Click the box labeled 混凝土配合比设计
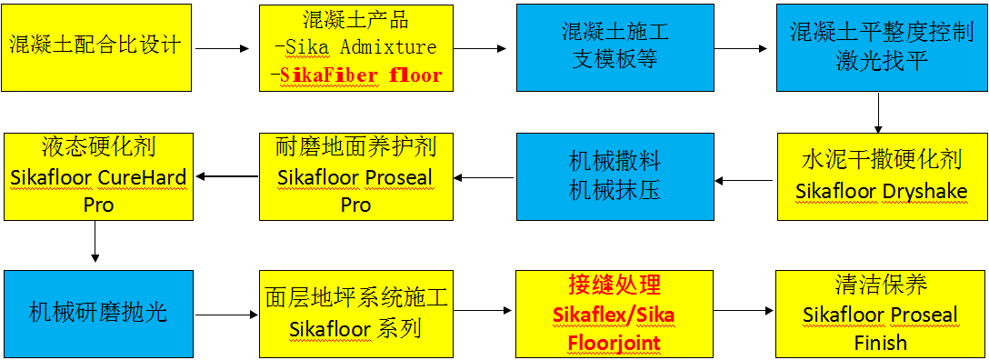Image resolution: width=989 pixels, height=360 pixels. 97,46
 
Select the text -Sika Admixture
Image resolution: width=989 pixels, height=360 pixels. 355,47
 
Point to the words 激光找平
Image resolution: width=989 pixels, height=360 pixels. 881,61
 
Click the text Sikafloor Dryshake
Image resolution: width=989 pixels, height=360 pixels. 881,191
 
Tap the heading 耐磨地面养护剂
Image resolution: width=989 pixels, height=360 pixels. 355,145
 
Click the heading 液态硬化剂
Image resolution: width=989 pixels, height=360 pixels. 98,145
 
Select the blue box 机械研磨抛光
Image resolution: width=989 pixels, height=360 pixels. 97,313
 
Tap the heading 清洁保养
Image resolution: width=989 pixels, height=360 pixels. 880,285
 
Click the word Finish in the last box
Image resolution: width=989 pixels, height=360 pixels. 880,343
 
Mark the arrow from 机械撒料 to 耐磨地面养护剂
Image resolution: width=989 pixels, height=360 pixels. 480,176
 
